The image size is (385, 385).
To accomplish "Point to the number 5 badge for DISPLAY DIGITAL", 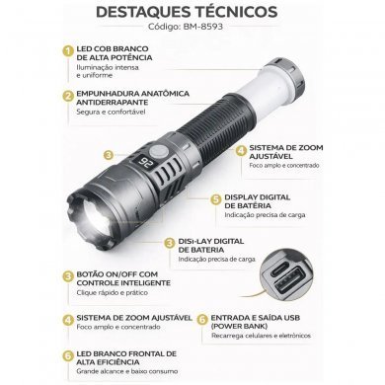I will pos(215,198).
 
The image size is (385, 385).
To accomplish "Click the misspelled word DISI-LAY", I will pos(193,240).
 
